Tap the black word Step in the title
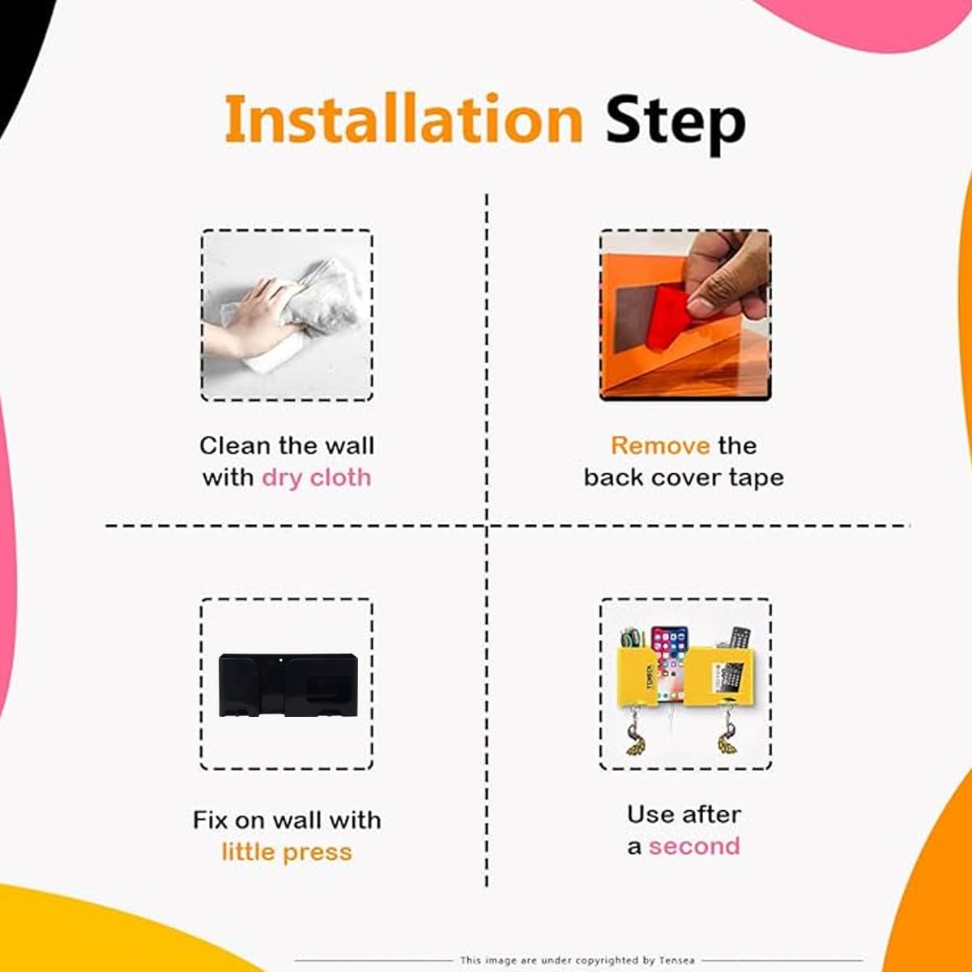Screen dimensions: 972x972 pos(676,124)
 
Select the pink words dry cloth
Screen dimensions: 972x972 pos(316,478)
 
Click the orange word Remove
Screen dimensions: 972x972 pos(660,446)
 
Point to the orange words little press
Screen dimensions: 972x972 pos(287,852)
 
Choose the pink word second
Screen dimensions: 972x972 pos(694,846)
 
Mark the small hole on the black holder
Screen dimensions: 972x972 pos(280,660)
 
